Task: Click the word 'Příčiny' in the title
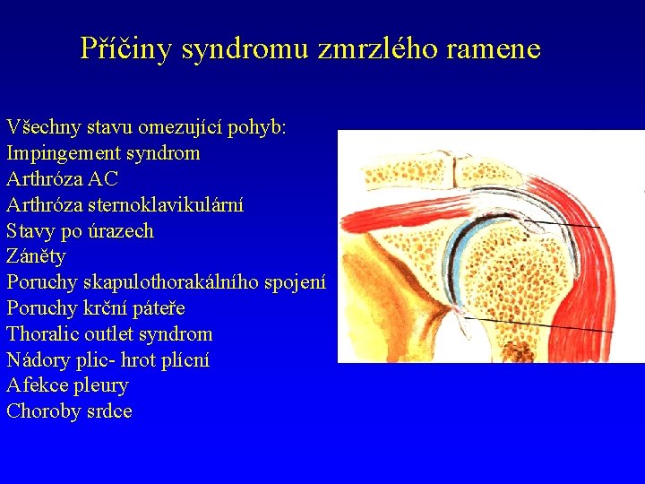pyautogui.click(x=126, y=48)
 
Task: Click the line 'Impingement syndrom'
pyautogui.click(x=103, y=153)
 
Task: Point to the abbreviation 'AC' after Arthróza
pyautogui.click(x=104, y=179)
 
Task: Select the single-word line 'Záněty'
pyautogui.click(x=36, y=256)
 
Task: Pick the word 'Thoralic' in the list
pyautogui.click(x=42, y=334)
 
